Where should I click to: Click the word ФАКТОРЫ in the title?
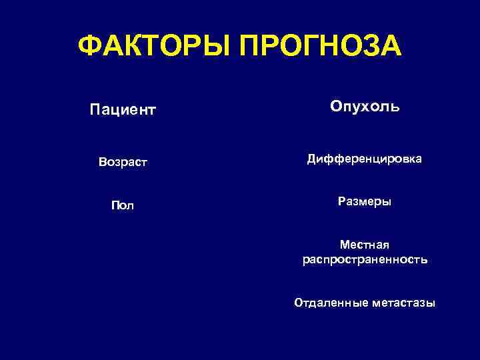click(155, 47)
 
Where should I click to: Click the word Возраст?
click(122, 162)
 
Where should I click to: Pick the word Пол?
click(122, 205)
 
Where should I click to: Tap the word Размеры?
click(365, 201)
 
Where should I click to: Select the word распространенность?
click(365, 259)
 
